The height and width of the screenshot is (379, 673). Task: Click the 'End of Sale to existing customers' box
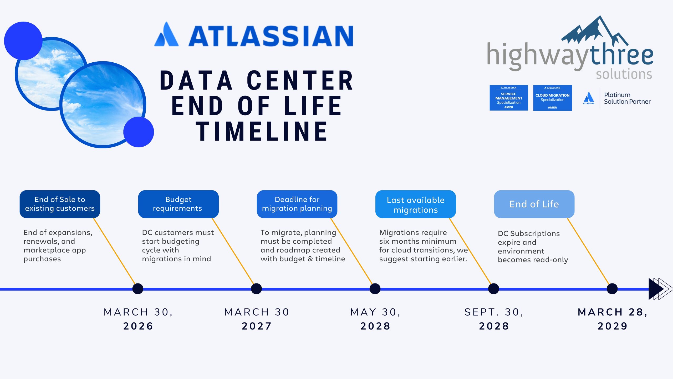click(x=60, y=204)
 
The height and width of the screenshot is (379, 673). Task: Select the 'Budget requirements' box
click(x=178, y=204)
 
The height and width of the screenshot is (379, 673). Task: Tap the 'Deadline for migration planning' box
click(x=297, y=204)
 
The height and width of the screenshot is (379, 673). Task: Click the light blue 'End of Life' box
click(x=534, y=204)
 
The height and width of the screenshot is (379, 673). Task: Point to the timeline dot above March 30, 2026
click(x=138, y=289)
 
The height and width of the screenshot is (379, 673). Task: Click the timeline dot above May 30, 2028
click(x=375, y=289)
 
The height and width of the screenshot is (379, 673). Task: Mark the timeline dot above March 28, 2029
click(x=612, y=289)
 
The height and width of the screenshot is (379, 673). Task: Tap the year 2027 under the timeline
click(x=257, y=326)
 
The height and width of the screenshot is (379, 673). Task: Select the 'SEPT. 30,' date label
click(x=494, y=312)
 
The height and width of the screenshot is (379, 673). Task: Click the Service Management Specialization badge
click(x=508, y=98)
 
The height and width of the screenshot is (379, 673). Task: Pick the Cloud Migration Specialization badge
click(x=552, y=98)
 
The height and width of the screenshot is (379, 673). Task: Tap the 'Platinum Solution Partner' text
click(x=627, y=98)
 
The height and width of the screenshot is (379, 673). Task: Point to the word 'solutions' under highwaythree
click(x=624, y=74)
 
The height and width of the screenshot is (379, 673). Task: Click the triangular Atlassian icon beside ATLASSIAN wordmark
click(x=166, y=35)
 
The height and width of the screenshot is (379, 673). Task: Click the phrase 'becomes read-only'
click(x=533, y=260)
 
